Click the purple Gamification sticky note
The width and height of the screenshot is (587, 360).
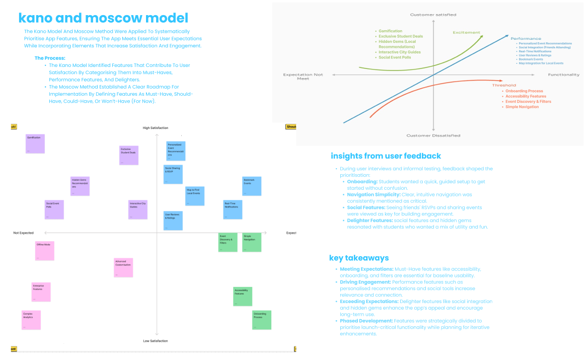35,143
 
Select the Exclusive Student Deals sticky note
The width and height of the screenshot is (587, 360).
129,155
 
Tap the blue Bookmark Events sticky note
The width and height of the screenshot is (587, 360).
252,186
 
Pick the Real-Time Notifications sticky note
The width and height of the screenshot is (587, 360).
233,209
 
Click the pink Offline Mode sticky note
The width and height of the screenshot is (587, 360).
45,251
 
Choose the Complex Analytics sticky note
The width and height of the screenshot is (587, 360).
31,320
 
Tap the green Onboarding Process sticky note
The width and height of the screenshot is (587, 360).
262,320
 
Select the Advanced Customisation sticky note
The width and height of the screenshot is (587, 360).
123,267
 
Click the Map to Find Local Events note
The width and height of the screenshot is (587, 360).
195,196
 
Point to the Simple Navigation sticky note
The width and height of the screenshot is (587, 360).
252,242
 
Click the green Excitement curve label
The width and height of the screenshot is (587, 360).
466,33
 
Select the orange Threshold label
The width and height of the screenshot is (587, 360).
504,86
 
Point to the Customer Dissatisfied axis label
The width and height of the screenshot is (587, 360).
433,135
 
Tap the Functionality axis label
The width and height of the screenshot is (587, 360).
564,75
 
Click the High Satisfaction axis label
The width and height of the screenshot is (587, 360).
156,128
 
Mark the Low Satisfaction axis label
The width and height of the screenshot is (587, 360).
156,341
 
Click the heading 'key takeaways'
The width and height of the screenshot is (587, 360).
359,258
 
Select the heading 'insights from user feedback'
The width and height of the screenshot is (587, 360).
386,156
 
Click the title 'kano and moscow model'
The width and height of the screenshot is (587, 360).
103,18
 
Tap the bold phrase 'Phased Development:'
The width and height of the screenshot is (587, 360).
366,321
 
